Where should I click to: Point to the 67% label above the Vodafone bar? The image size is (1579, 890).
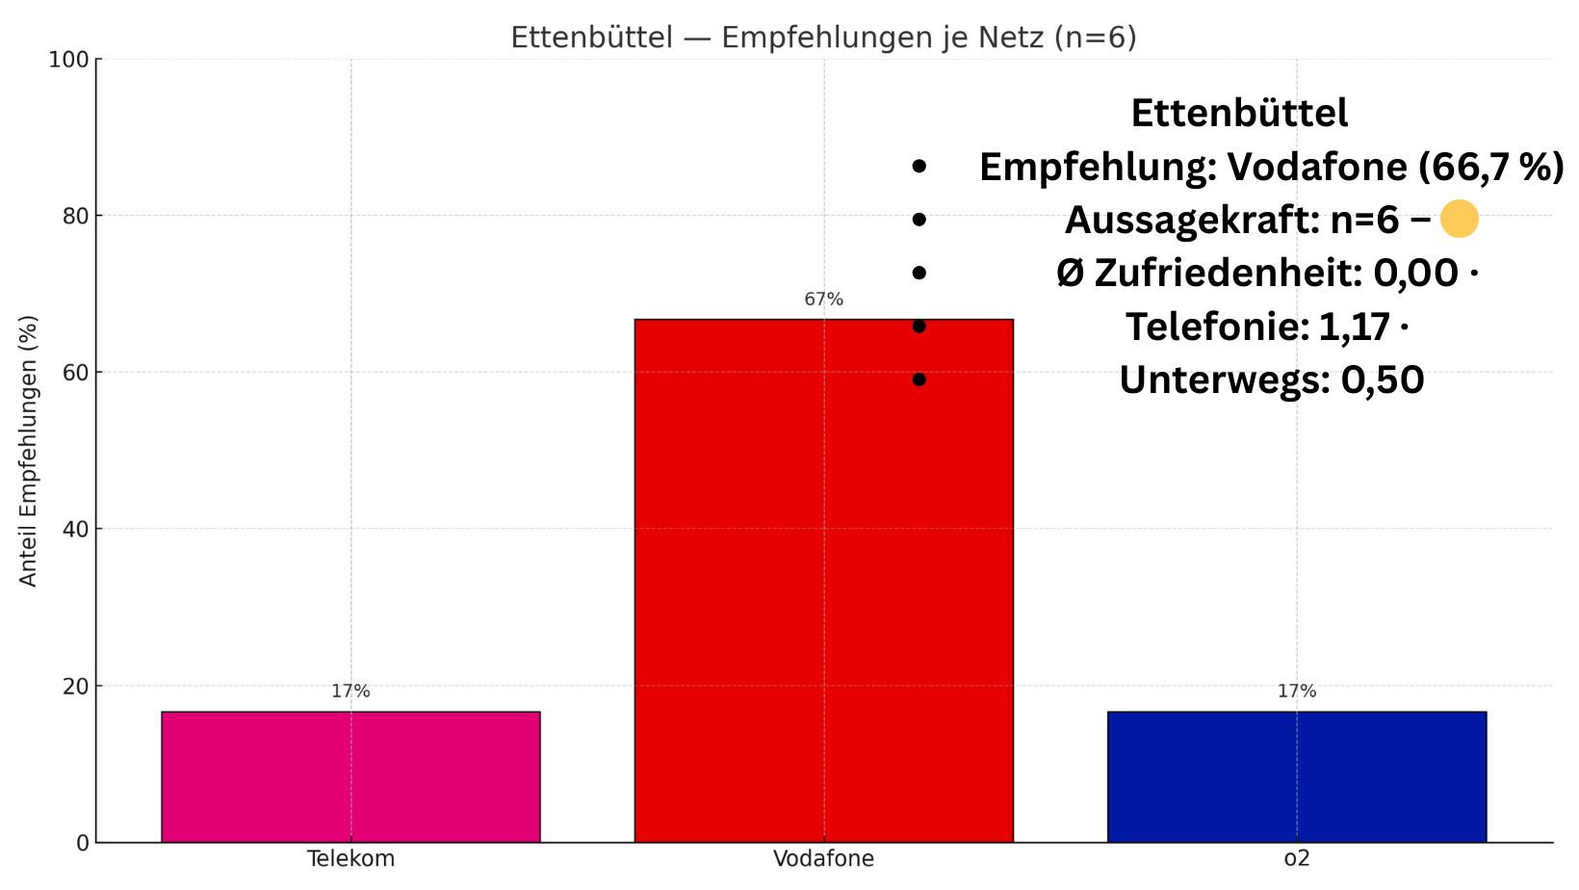(x=823, y=300)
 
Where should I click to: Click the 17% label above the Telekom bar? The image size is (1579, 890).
(x=350, y=692)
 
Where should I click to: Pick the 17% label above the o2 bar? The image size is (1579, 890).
(x=1296, y=692)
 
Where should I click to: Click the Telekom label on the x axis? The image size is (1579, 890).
(x=350, y=859)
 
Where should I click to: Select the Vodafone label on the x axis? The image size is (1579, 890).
(x=823, y=859)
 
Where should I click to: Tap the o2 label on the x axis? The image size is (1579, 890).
(x=1296, y=859)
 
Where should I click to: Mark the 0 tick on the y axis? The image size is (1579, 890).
(x=82, y=844)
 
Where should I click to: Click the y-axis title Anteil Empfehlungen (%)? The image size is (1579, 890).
(x=29, y=451)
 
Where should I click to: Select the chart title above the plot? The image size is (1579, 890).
(x=823, y=38)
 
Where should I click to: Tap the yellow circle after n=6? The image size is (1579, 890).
(x=1459, y=220)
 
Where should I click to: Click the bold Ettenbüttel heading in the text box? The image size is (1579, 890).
(x=1239, y=114)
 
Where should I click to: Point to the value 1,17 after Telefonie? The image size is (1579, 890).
(x=1354, y=327)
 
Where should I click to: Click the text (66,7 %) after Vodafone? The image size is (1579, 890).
(x=1490, y=168)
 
